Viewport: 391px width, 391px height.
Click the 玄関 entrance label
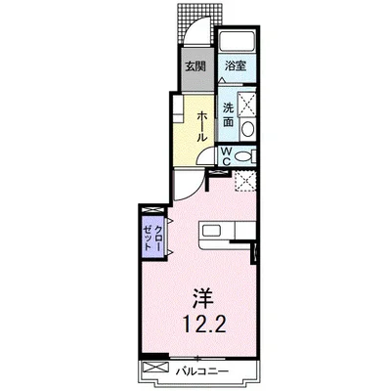pyautogui.click(x=195, y=66)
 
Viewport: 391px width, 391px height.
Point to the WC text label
pyautogui.click(x=226, y=154)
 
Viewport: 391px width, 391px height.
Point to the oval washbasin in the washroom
pyautogui.click(x=247, y=129)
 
